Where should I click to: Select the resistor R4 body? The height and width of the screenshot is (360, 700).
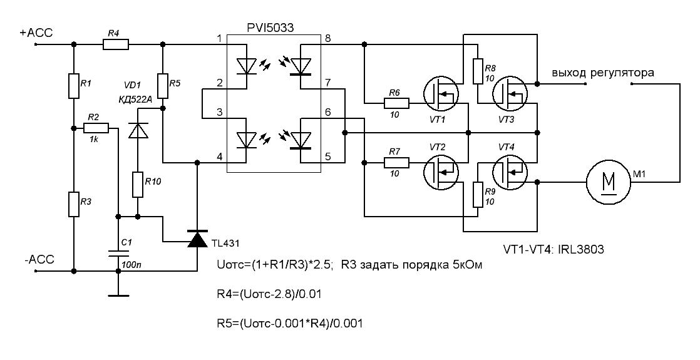tap(116, 44)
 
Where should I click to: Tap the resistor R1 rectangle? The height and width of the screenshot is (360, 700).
tap(74, 86)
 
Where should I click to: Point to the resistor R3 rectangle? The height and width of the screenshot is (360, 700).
tap(74, 204)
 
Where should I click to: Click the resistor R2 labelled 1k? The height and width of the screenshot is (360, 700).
tap(96, 128)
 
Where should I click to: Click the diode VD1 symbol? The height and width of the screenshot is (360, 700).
tap(137, 130)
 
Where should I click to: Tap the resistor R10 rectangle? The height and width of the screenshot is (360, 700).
tap(137, 185)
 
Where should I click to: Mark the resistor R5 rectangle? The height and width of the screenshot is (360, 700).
tap(162, 86)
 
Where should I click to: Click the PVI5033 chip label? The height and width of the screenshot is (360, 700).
tap(273, 27)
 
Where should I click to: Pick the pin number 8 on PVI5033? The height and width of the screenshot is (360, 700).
tap(327, 39)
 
